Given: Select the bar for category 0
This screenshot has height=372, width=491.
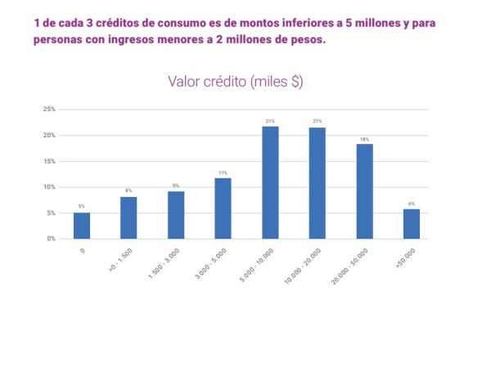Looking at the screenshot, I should (x=82, y=226).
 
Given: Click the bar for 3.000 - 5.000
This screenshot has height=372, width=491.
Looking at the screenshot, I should (x=223, y=208).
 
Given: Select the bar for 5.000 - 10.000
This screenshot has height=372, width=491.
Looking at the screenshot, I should (x=270, y=182).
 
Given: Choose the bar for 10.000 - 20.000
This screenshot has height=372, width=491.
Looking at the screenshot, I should (x=317, y=183).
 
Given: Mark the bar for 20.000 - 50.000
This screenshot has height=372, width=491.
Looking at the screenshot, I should (x=364, y=191).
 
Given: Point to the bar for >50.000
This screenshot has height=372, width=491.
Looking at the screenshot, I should (x=411, y=224).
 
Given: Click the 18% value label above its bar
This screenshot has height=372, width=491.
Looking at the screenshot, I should (x=364, y=139).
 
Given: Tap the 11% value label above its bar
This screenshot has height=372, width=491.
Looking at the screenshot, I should (x=223, y=173).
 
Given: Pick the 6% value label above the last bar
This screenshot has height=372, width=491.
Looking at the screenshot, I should (x=411, y=204).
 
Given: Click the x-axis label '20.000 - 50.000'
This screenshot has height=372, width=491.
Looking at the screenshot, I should (x=350, y=265).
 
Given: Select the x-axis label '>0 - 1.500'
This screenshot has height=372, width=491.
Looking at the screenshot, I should (x=119, y=260).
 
